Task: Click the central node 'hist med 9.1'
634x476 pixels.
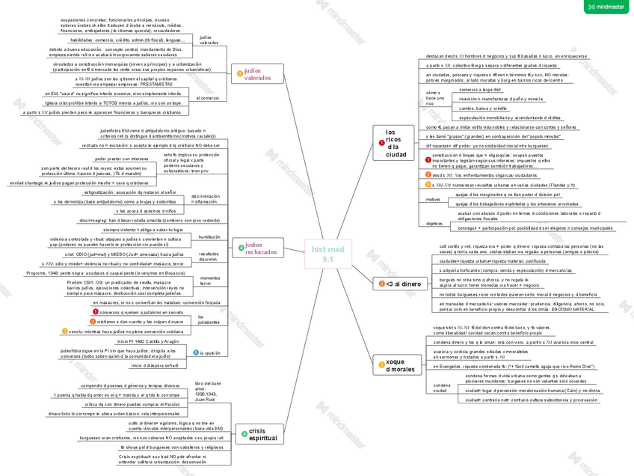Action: pos(327,254)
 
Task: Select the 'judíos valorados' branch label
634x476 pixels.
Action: pos(258,73)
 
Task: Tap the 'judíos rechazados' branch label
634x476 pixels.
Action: pos(261,248)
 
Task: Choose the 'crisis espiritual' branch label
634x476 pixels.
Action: pos(262,434)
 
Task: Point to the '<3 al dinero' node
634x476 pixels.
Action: pos(403,284)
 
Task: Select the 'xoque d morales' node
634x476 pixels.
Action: pos(400,365)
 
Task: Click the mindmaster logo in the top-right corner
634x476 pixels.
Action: pos(606,7)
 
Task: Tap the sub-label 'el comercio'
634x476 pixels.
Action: pos(208,98)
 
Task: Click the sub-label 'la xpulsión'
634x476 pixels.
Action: pos(211,353)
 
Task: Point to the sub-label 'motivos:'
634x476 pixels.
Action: pos(434,200)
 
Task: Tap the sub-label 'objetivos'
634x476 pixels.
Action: pos(434,223)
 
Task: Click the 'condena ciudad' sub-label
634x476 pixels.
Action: pos(440,388)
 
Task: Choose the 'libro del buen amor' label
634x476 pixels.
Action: pos(207,391)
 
